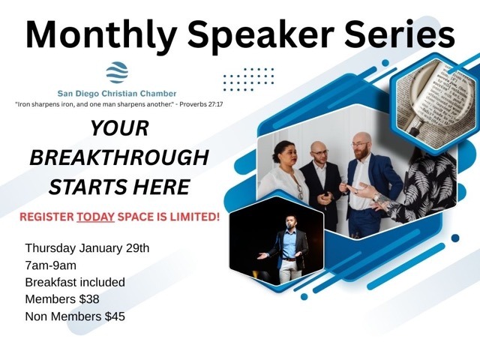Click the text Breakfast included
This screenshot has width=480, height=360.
[75, 283]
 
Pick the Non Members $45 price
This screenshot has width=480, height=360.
[75, 317]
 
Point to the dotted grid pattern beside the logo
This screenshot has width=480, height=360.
[249, 79]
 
